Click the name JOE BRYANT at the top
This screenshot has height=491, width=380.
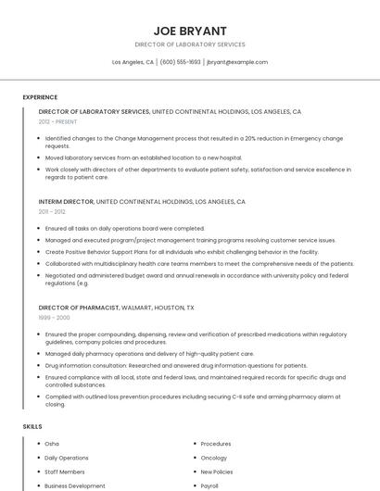[x=189, y=31]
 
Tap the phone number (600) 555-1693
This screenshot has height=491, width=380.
[x=180, y=62]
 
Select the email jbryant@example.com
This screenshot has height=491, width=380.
[x=237, y=62]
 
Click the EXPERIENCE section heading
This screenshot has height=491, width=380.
[x=40, y=97]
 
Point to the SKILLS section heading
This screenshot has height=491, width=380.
[x=32, y=426]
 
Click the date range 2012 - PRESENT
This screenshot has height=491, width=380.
[x=57, y=121]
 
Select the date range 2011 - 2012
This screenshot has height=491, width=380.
[x=52, y=212]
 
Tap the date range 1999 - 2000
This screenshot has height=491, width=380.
[x=53, y=317]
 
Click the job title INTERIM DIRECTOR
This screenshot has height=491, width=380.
[x=66, y=201]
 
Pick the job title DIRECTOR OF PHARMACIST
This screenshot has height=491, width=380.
[x=79, y=306]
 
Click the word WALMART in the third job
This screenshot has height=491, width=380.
[x=139, y=306]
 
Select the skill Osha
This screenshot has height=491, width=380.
[x=52, y=444]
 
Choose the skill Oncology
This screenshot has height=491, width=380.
[x=213, y=458]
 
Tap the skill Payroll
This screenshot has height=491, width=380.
[x=209, y=485]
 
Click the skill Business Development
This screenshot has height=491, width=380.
[x=74, y=485]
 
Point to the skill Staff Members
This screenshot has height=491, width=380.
[x=64, y=472]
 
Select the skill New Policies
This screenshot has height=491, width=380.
[x=216, y=472]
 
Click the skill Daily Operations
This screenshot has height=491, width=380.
[x=67, y=458]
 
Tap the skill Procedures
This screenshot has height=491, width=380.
[x=215, y=444]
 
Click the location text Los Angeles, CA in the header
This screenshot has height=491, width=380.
[x=133, y=62]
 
